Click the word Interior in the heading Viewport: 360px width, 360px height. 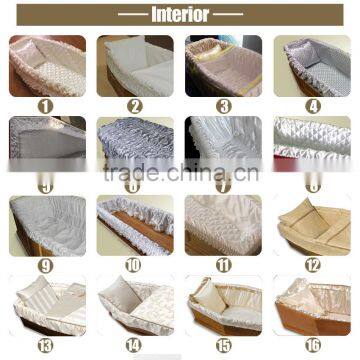(180, 15)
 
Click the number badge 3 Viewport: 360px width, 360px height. (222, 104)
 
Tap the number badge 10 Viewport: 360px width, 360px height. (134, 265)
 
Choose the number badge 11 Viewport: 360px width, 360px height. (222, 265)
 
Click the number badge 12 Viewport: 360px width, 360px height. (311, 265)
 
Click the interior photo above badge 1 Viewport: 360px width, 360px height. (47, 65)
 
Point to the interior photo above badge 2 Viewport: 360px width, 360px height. (134, 65)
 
